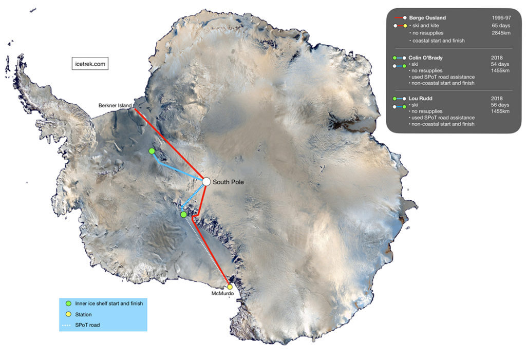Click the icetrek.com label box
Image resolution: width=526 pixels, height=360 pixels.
(x=90, y=65)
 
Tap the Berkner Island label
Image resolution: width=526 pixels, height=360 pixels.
(x=115, y=105)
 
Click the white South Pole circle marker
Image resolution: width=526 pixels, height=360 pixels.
(x=206, y=181)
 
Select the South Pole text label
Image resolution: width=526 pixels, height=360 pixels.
(x=228, y=182)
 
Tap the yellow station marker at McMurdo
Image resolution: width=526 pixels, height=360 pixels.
(x=230, y=287)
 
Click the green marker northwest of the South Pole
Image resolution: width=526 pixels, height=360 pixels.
(x=152, y=150)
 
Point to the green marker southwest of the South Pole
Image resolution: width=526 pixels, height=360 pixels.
(x=183, y=215)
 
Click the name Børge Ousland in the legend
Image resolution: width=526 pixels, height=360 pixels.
(x=427, y=18)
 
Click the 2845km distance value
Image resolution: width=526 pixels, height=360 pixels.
(x=501, y=33)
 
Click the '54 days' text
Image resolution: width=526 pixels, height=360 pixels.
(x=500, y=64)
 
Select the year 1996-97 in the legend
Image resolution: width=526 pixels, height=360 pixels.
(x=501, y=18)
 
